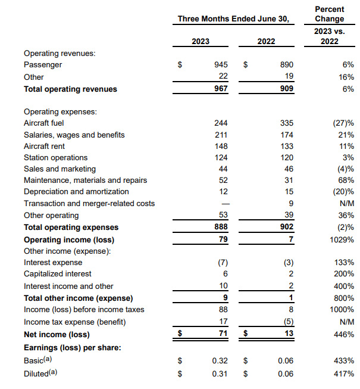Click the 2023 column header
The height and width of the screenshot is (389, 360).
[201, 42]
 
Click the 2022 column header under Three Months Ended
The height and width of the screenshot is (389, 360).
[266, 42]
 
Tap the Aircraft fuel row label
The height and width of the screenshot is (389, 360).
[43, 123]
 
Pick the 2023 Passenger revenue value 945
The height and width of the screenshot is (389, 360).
[221, 64]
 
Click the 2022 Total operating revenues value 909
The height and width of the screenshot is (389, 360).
[286, 89]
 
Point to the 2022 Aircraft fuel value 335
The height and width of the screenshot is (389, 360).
[286, 123]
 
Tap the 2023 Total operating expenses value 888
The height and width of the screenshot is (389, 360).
[221, 227]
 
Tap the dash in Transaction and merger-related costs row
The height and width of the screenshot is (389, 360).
[223, 203]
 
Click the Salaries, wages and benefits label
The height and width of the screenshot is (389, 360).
[74, 135]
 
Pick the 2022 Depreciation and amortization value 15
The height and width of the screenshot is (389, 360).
[289, 191]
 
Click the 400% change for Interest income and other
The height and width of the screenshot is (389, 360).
[345, 286]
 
